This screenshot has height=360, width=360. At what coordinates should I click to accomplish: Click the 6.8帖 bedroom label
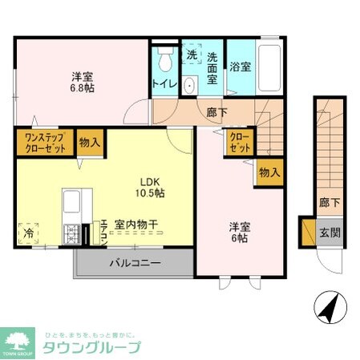point(82,83)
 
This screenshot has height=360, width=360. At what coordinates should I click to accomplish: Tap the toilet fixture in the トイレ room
point(166,60)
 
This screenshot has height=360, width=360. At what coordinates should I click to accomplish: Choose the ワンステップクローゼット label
point(44,144)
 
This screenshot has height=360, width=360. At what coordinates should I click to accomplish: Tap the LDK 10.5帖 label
point(149,187)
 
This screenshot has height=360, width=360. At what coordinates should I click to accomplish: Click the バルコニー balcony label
point(135,262)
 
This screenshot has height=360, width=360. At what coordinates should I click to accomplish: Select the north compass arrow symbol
point(330,305)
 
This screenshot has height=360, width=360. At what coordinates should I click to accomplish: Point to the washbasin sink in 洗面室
point(189,86)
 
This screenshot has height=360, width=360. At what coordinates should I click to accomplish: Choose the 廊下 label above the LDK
point(212,113)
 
